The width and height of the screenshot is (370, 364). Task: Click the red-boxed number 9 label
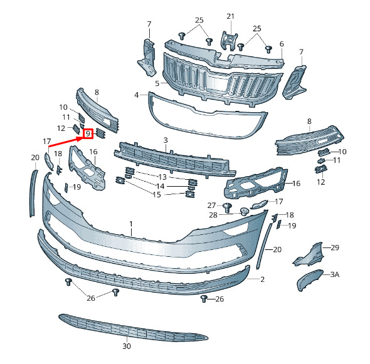[x=88, y=134]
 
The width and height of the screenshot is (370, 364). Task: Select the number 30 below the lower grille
[x=127, y=346]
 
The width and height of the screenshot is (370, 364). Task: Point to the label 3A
[x=335, y=274]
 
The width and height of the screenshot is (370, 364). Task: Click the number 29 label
[x=335, y=247]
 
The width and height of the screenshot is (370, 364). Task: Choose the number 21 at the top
[x=230, y=16]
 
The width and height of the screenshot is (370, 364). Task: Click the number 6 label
[x=282, y=44]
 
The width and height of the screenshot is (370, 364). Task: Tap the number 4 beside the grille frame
[x=136, y=95]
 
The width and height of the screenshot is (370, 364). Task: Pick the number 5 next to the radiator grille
[x=157, y=83]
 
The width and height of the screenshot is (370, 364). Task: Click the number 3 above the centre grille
[x=166, y=140]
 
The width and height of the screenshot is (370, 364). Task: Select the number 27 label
[x=212, y=205]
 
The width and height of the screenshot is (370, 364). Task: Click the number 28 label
[x=213, y=215]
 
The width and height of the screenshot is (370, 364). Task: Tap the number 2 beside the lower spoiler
[x=262, y=279]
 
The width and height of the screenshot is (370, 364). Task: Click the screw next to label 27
[x=227, y=207]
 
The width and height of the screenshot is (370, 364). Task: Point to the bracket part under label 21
[x=228, y=41]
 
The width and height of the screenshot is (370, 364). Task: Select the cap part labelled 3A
[x=309, y=279]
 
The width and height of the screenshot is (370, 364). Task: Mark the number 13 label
[x=162, y=177]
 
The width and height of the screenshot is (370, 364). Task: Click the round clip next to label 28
[x=244, y=211]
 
